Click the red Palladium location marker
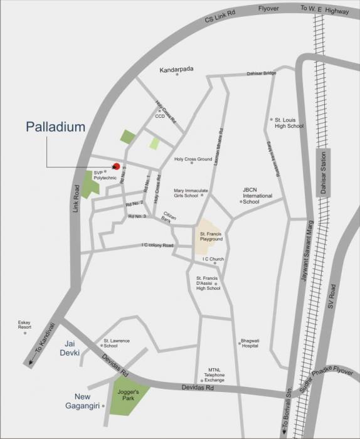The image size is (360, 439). point(116,166)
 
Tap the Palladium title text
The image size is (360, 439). point(55,127)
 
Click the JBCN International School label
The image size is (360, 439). point(257,194)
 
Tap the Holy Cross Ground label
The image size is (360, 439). point(193,159)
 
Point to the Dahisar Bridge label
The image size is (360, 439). point(261,73)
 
